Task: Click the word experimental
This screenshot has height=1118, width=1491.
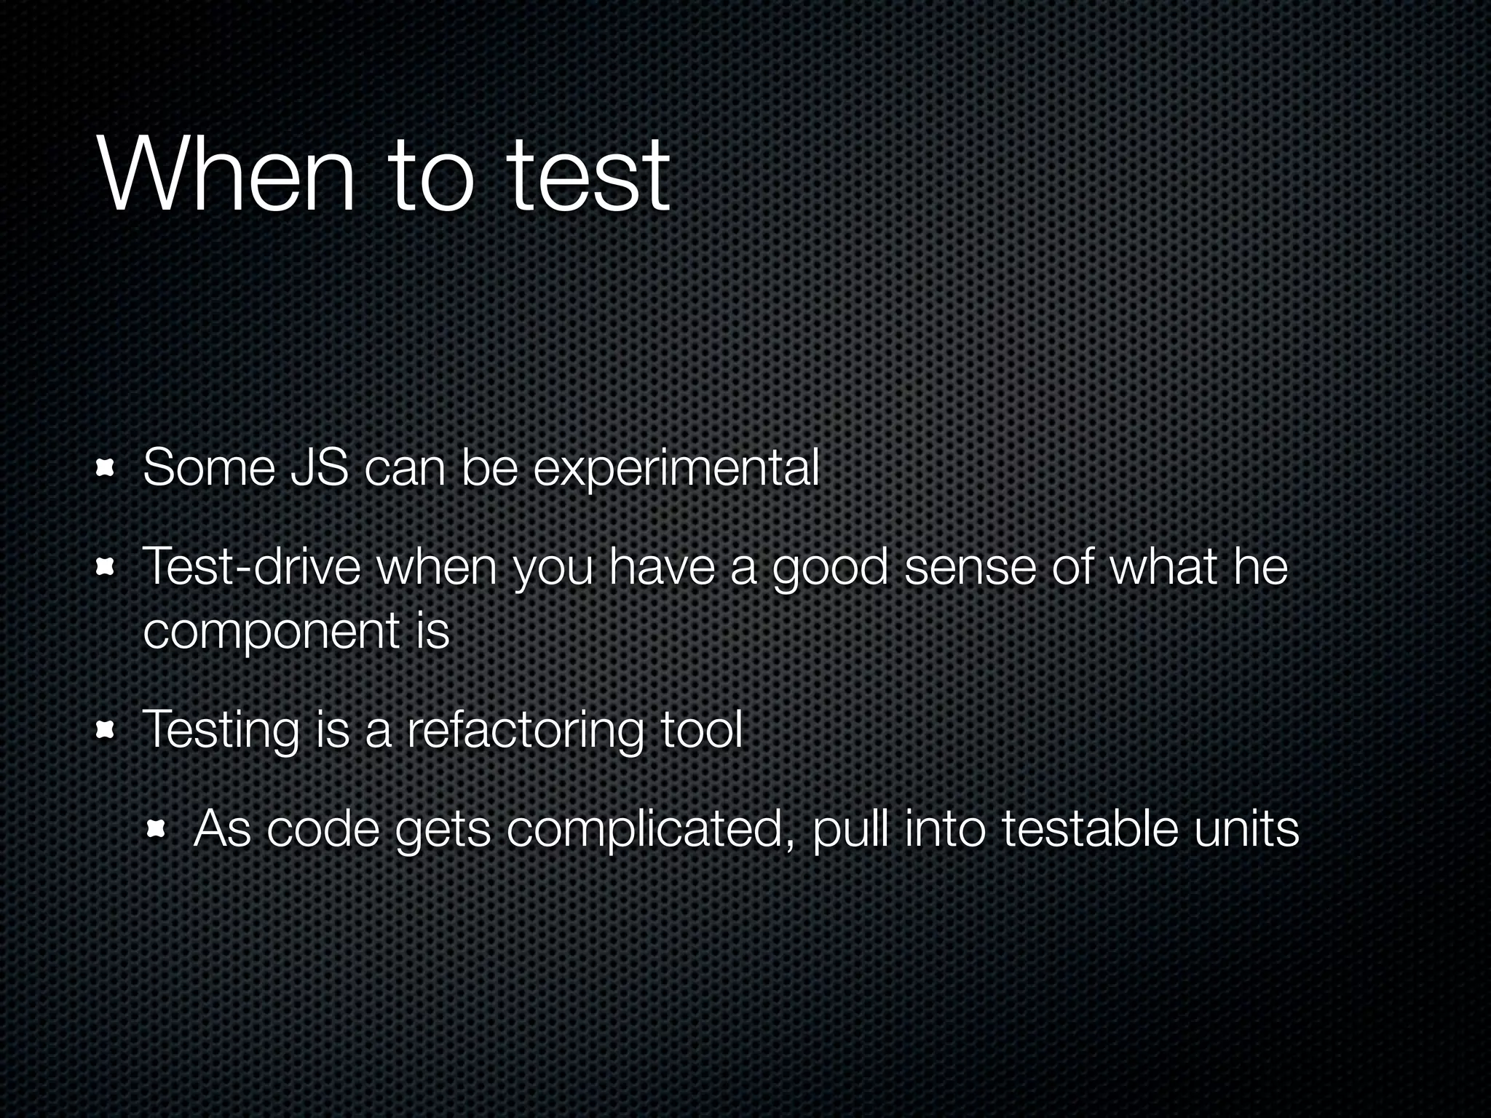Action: (x=676, y=469)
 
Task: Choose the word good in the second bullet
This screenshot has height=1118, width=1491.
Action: (x=829, y=568)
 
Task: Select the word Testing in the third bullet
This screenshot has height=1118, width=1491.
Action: (x=221, y=730)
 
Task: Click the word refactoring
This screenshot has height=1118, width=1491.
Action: (x=524, y=730)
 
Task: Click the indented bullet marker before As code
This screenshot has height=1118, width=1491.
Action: (x=156, y=830)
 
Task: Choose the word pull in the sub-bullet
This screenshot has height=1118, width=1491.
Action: (x=850, y=829)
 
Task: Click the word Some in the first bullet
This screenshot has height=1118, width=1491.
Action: (x=209, y=468)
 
